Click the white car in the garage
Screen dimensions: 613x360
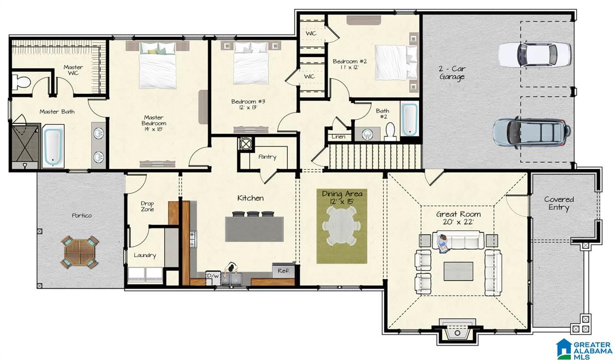[534, 54]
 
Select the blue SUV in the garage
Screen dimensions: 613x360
[532, 133]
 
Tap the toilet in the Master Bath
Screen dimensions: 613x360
[21, 82]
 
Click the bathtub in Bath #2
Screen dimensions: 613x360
[409, 119]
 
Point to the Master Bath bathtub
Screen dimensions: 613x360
[53, 146]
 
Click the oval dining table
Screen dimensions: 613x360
[341, 226]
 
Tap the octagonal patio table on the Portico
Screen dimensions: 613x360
[79, 252]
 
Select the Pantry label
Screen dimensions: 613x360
[267, 157]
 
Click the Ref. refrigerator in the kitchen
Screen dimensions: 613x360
[284, 270]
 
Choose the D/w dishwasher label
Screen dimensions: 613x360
[213, 276]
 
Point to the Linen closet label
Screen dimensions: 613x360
[339, 137]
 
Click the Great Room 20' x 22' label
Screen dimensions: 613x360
[458, 218]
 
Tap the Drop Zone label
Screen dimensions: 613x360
[147, 206]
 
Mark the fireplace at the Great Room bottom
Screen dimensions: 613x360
[457, 332]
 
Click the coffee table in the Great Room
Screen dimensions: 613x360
[458, 271]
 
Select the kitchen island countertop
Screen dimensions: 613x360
[254, 229]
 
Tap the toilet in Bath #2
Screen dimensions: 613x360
[390, 131]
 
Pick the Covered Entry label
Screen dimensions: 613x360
[559, 203]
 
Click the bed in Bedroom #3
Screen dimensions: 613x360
[250, 63]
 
